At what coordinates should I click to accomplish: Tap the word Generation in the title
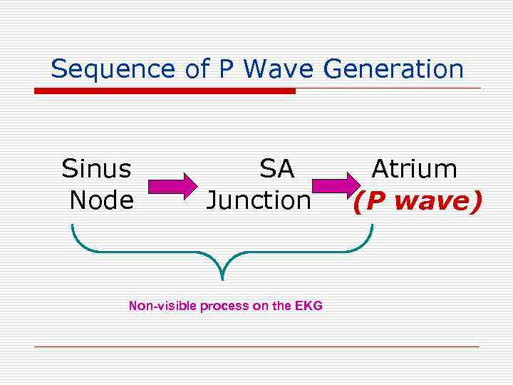(393, 69)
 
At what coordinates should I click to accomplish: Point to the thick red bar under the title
(165, 91)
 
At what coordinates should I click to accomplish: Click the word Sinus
(97, 170)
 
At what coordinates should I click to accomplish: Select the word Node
(101, 200)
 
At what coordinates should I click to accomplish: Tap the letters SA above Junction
(276, 170)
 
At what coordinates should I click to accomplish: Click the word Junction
(258, 200)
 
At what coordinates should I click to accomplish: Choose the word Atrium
(414, 170)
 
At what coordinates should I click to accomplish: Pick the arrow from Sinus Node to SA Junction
(172, 186)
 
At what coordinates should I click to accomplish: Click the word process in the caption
(224, 306)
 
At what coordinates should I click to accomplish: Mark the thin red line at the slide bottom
(256, 346)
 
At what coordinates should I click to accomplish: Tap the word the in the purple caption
(282, 306)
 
